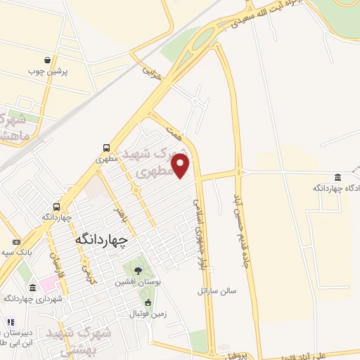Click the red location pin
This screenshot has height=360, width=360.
tap(181, 165)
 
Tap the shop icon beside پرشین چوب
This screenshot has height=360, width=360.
tap(46, 60)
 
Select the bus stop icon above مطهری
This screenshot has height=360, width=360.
tap(106, 148)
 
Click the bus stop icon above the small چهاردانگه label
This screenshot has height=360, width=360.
tap(57, 207)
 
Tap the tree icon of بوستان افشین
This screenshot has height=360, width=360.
tap(137, 270)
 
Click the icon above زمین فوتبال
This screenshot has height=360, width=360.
tap(147, 303)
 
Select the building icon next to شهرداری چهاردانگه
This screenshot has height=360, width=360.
tap(33, 288)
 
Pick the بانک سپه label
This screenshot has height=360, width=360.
tap(14, 251)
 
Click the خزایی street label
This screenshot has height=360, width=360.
tap(153, 72)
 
